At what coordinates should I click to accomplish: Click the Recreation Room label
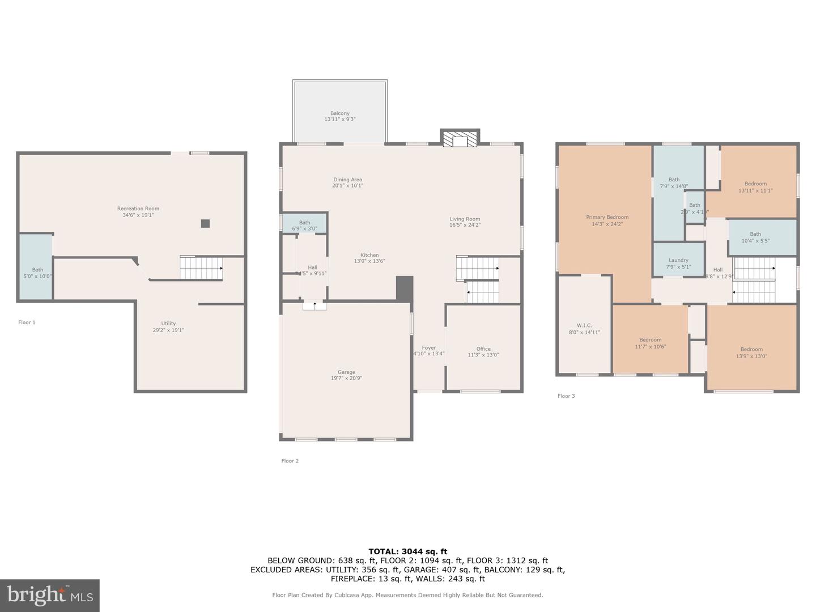coord(138,209)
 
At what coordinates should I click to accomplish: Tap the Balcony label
coord(340,113)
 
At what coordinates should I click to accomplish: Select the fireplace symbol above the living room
coord(460,141)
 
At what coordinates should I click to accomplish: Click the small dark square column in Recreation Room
coord(205,223)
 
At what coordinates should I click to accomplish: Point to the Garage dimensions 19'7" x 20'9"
coord(346,378)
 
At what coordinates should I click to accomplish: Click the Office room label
coord(483,349)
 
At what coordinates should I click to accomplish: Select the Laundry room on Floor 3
coord(678,263)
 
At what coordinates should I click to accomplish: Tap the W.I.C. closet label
coord(584,325)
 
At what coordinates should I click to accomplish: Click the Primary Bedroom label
coord(607,217)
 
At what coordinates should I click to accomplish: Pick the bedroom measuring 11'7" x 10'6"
coord(651,343)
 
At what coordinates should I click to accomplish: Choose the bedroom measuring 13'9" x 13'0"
coord(751,352)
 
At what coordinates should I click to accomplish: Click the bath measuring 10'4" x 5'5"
coord(755,237)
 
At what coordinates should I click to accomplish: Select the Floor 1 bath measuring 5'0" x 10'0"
coord(37,273)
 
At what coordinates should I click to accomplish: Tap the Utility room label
coord(168,324)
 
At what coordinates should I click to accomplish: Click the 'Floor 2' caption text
coord(290,461)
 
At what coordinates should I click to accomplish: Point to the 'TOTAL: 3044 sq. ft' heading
coord(407,551)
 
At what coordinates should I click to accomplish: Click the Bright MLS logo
coord(50,595)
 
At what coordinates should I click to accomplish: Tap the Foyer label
coord(428,348)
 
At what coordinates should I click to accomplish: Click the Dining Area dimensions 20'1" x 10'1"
coord(347,185)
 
